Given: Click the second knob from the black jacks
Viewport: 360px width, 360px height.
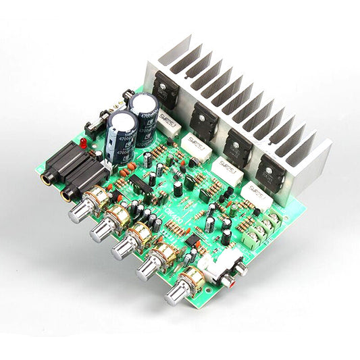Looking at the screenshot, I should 101,232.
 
